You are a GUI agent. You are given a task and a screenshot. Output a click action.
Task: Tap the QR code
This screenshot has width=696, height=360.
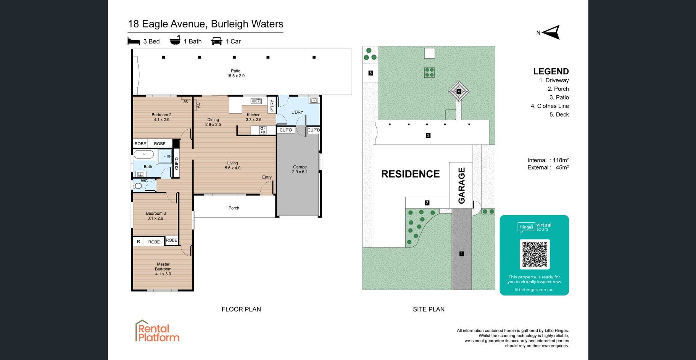click(534, 254)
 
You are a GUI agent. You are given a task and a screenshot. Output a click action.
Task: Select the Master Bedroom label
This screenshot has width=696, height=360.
click(163, 269)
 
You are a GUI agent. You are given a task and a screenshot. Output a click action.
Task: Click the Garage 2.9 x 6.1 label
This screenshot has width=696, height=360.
click(300, 169)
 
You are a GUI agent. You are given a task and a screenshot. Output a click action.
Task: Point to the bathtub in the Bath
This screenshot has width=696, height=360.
click(144, 155)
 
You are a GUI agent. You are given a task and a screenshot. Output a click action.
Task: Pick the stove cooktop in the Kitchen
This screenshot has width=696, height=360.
click(263, 130)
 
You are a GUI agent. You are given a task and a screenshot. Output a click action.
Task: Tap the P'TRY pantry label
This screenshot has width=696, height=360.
click(272, 105)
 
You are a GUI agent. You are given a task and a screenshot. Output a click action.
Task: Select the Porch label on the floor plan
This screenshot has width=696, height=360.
click(234, 208)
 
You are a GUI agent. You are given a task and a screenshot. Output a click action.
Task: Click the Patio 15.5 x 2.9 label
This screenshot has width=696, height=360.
click(236, 73)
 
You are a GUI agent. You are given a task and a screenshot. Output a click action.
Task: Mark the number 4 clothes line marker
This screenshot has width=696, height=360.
click(459, 92)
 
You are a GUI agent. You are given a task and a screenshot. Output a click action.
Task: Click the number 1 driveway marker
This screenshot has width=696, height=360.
click(462, 254)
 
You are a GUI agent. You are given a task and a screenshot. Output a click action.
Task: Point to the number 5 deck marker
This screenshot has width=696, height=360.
click(371, 73)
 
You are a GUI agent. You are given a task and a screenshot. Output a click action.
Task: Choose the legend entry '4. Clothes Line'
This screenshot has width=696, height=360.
click(549, 106)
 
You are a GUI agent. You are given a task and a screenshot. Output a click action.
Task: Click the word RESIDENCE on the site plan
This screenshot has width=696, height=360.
click(411, 174)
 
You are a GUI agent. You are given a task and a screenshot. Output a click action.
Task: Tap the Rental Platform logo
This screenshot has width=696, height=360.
click(158, 331)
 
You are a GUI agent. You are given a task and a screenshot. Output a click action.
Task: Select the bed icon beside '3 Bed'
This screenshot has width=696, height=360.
click(134, 41)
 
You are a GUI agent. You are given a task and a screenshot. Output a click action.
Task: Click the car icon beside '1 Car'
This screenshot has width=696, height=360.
click(217, 41)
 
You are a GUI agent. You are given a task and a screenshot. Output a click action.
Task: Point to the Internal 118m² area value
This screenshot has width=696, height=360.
click(548, 160)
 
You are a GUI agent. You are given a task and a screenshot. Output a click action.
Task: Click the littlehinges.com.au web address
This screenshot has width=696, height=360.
click(534, 290)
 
